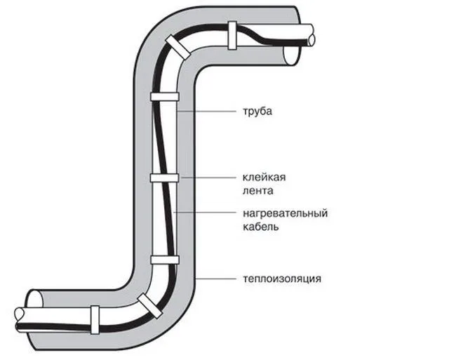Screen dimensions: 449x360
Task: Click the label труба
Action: pos(257,112)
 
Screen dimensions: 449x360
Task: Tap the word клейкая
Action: pos(264,178)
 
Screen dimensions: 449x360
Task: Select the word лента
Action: pos(257,191)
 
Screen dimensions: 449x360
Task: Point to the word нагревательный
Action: pos(286,213)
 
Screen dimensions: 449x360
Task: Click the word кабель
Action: pos(260,227)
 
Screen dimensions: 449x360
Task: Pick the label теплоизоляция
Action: pos(282,279)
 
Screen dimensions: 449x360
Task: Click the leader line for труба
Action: pos(206,111)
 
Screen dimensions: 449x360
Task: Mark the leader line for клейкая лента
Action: pos(208,178)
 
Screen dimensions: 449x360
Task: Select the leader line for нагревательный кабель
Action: pos(205,213)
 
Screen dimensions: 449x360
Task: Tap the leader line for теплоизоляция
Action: pos(215,279)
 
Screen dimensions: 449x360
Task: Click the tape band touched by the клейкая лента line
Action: pos(165,178)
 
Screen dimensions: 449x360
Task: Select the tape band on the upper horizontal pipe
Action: pos(232,35)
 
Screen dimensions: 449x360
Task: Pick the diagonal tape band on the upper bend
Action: pos(177,46)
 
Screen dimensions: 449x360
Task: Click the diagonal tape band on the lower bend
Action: pos(149,305)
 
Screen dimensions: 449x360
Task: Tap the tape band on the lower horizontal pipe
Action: pos(95,319)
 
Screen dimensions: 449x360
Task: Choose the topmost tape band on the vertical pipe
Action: pos(165,97)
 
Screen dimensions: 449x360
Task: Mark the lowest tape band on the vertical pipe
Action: pos(165,260)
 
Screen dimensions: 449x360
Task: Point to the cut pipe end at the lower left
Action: pos(20,319)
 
